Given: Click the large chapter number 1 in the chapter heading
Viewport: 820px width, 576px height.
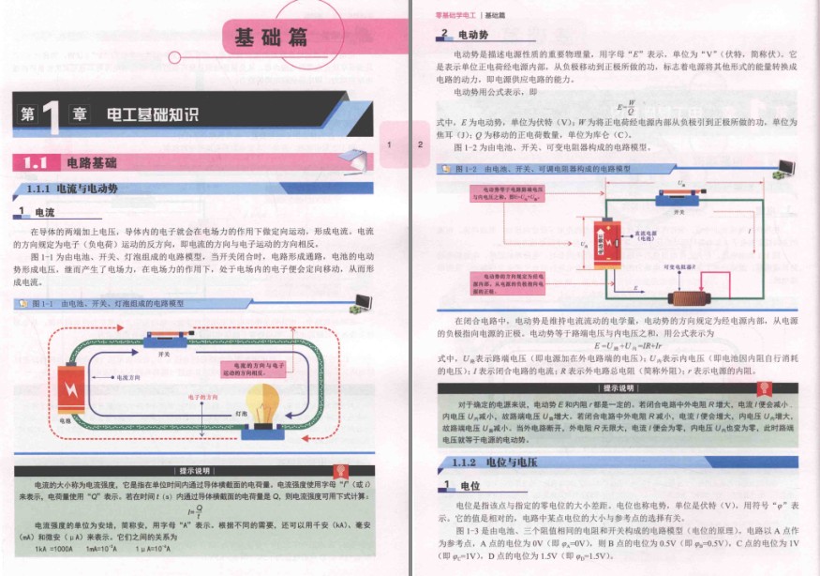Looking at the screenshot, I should click(52, 115).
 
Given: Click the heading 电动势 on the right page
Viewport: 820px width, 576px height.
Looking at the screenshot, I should click(472, 35).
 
